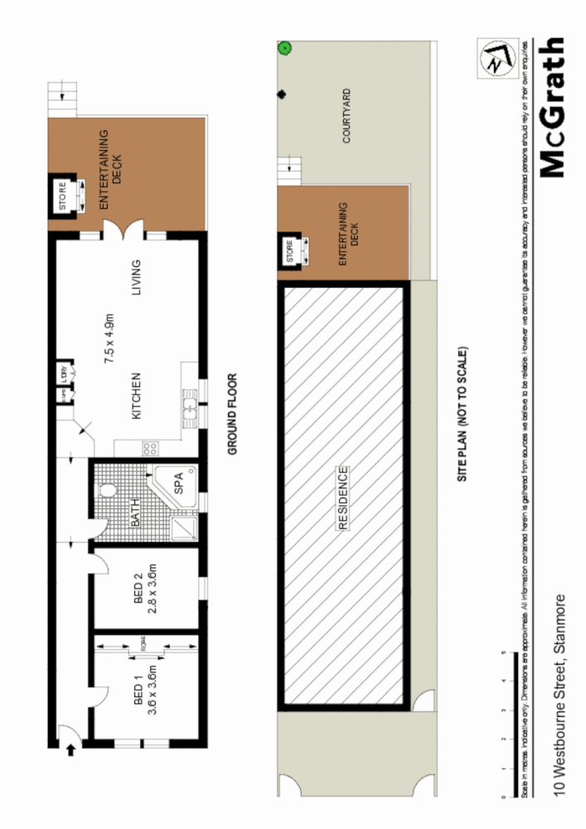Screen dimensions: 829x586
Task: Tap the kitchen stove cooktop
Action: click(x=151, y=448)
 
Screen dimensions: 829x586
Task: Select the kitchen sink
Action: click(x=189, y=408)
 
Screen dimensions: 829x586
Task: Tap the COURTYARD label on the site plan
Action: click(x=346, y=116)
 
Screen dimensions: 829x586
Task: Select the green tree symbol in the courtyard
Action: click(x=284, y=48)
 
